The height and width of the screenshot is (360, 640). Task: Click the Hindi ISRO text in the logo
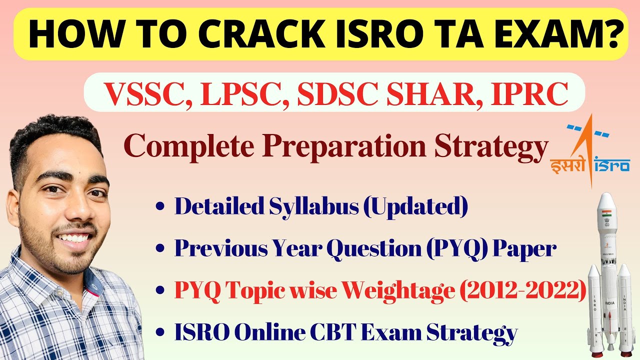pos(567,164)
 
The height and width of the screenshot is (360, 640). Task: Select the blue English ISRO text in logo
pos(612,164)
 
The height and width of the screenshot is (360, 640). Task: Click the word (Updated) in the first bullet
pos(415,206)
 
